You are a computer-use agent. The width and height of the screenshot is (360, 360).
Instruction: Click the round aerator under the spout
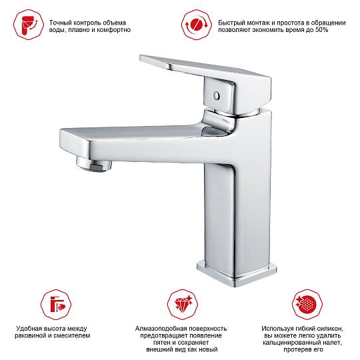pos(94,163)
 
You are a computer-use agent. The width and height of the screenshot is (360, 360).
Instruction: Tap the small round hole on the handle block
pos(216,95)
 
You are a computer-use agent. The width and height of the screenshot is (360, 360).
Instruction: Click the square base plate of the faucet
pos(237,273)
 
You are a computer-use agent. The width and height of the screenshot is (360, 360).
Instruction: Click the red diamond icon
pos(183,304)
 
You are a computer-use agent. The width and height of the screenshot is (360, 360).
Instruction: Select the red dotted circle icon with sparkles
pos(307,304)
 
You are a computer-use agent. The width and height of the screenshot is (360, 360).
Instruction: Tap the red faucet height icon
pos(56,304)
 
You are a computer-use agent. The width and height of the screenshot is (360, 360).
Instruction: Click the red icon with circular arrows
pos(197,25)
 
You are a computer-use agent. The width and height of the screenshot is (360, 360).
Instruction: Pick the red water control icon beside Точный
pos(29,25)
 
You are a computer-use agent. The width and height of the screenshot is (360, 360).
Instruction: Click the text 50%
pos(321,30)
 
